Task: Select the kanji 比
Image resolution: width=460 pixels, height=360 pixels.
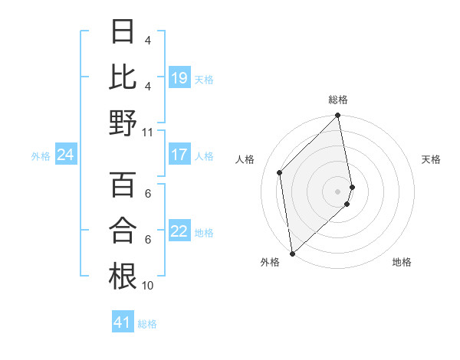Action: pyautogui.click(x=123, y=77)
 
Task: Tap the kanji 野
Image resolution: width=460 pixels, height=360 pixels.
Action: pyautogui.click(x=123, y=122)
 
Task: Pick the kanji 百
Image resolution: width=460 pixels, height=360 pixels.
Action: pyautogui.click(x=123, y=185)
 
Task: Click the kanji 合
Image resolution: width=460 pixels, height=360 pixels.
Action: pyautogui.click(x=123, y=230)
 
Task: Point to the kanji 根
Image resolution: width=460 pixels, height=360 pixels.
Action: pyautogui.click(x=123, y=275)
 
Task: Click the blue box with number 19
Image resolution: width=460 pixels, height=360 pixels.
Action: pyautogui.click(x=179, y=77)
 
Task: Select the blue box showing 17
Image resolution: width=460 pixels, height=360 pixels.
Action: pyautogui.click(x=179, y=155)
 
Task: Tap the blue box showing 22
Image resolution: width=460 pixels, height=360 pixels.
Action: pyautogui.click(x=179, y=231)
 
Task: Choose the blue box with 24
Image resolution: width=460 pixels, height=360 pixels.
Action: pyautogui.click(x=65, y=155)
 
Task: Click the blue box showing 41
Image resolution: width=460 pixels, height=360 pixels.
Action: pyautogui.click(x=123, y=322)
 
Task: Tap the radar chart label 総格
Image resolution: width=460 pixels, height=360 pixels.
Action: pyautogui.click(x=338, y=100)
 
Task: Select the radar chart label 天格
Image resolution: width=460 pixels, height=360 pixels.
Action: pyautogui.click(x=431, y=159)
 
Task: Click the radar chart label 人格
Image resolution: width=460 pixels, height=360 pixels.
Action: pyautogui.click(x=245, y=159)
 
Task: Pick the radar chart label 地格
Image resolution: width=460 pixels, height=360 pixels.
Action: pyautogui.click(x=402, y=262)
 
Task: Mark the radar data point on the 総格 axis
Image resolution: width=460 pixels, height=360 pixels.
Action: pyautogui.click(x=338, y=116)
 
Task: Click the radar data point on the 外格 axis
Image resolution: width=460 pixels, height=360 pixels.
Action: pyautogui.click(x=292, y=253)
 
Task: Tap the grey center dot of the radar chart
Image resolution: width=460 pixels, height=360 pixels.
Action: pyautogui.click(x=338, y=191)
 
